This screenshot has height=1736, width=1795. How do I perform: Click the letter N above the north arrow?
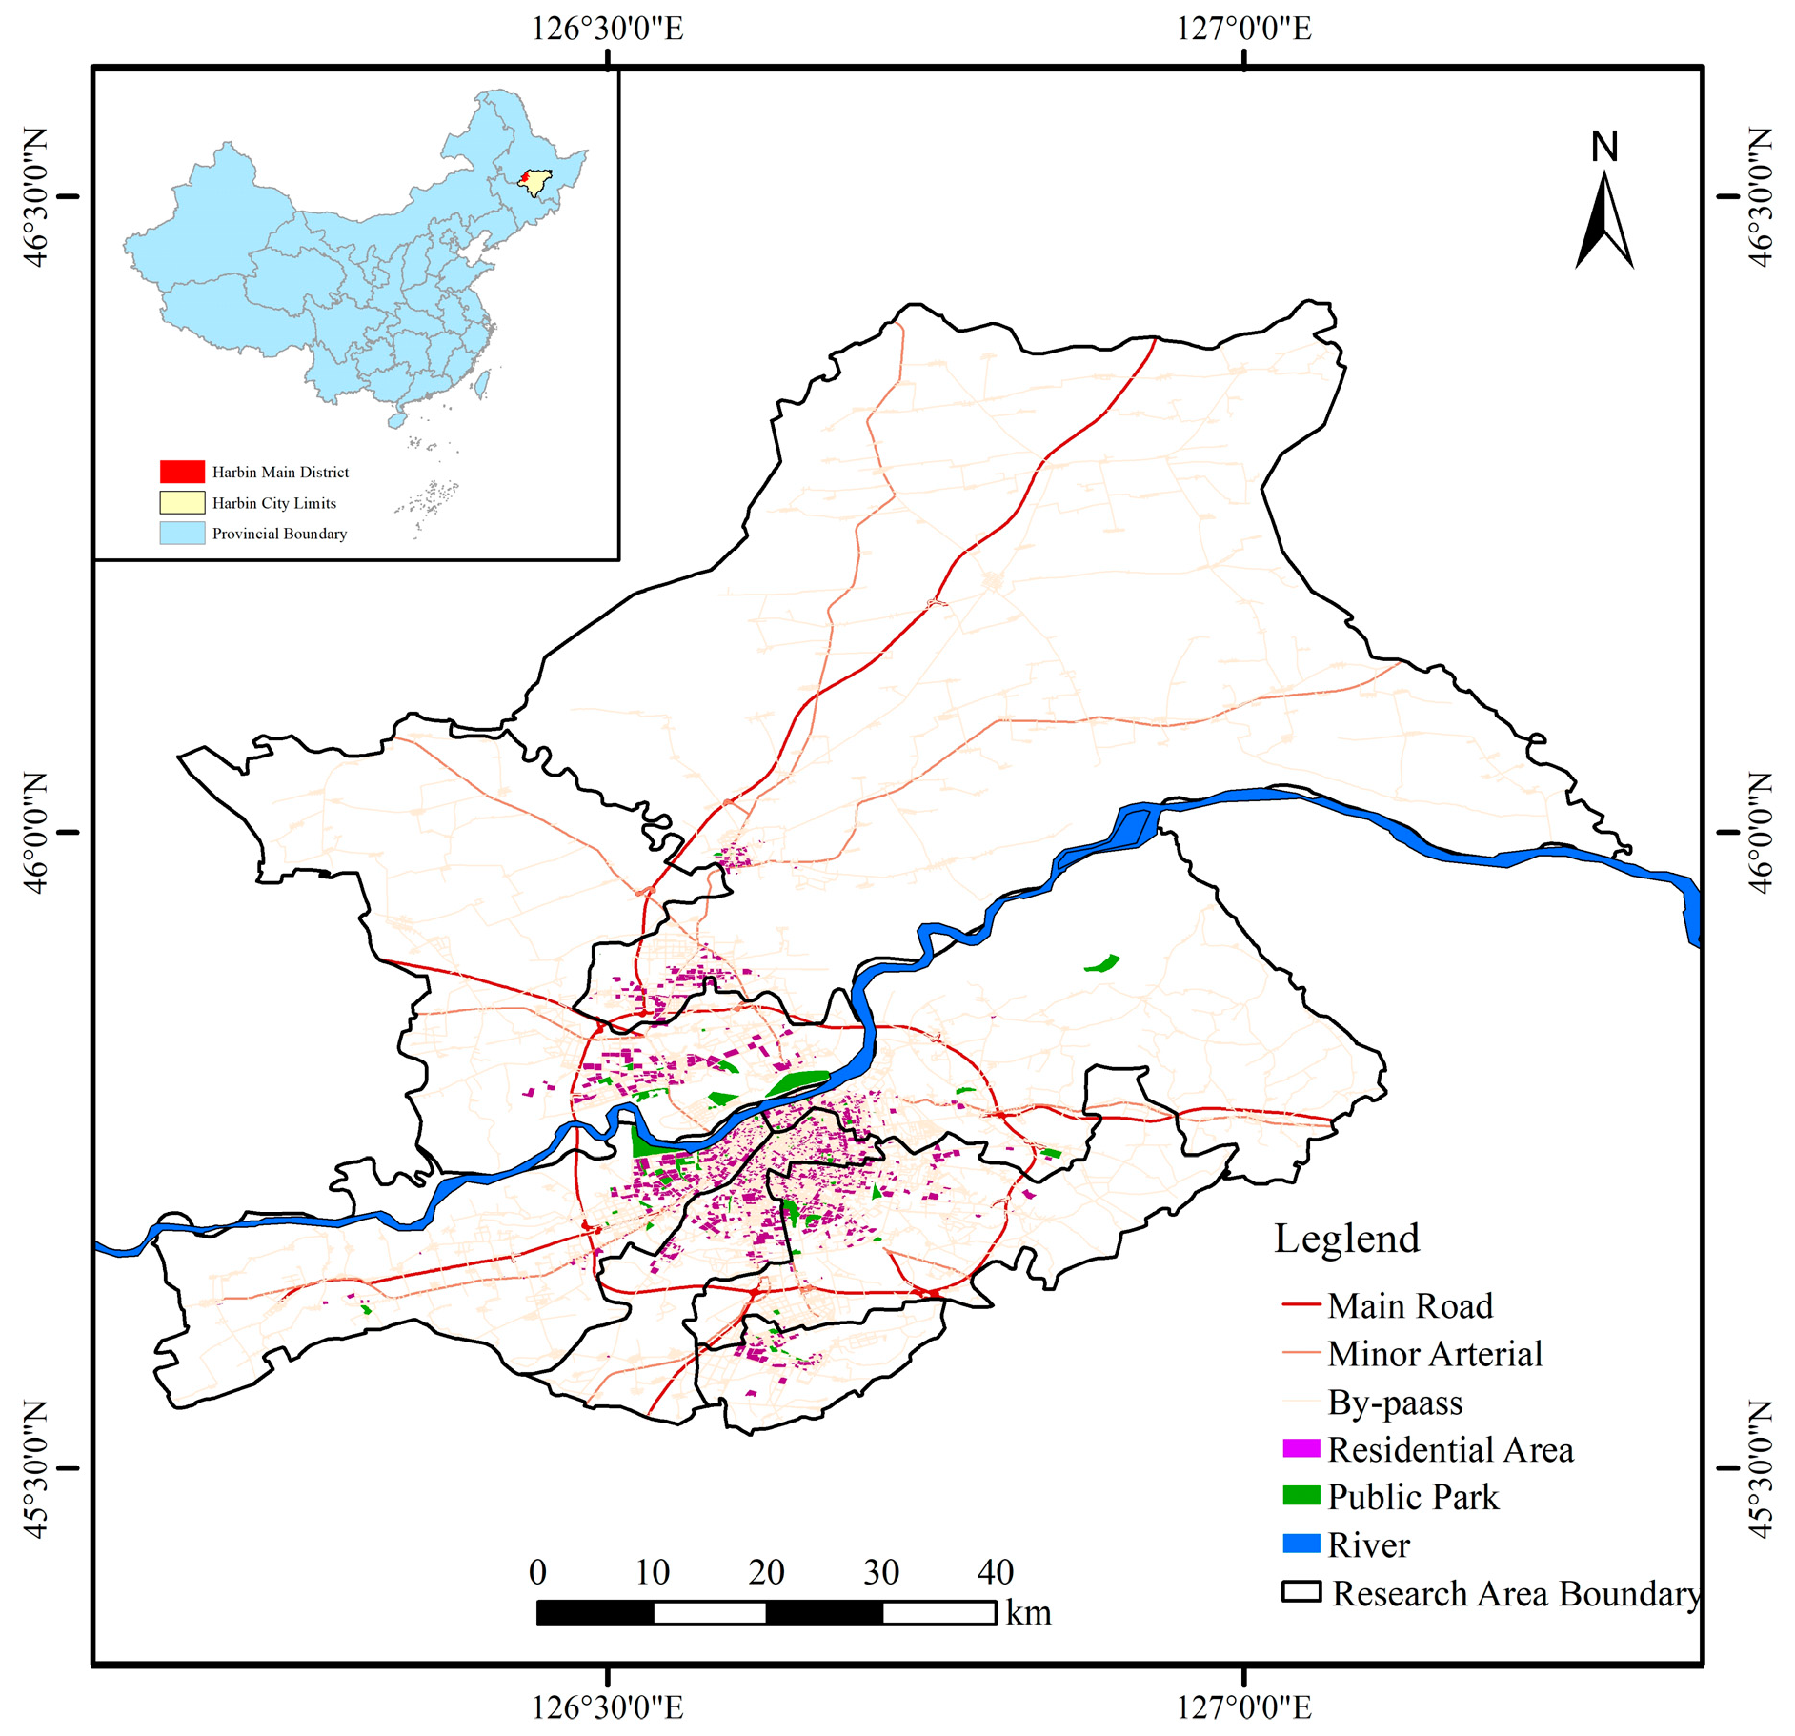(x=1604, y=147)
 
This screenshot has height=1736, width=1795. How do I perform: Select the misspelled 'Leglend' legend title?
(x=1346, y=1239)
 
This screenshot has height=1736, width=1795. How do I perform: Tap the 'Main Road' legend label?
(x=1409, y=1305)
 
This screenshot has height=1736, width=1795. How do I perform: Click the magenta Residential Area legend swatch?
(x=1301, y=1448)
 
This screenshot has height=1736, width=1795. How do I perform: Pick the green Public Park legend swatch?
(x=1301, y=1496)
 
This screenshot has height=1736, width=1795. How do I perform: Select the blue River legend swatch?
(x=1301, y=1544)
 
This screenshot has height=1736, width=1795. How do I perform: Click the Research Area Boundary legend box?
(x=1301, y=1592)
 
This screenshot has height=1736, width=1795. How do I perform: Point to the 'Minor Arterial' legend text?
(x=1434, y=1354)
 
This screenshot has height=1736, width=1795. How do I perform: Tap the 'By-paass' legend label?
(x=1395, y=1403)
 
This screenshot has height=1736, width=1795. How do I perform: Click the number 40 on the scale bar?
(x=995, y=1572)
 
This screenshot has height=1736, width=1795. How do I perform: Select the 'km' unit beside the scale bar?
(x=1028, y=1614)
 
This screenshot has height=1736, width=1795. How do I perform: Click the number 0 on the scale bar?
(x=537, y=1572)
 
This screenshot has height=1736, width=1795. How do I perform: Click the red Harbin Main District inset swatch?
(x=182, y=472)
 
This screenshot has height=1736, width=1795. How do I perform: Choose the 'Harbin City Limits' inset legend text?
(x=273, y=503)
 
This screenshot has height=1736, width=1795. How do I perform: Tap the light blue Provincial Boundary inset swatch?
(x=182, y=533)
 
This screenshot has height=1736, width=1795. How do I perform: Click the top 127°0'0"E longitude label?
(x=1243, y=29)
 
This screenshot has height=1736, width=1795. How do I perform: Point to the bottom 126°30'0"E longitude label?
(x=607, y=1706)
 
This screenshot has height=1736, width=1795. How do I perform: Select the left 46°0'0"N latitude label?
(x=34, y=833)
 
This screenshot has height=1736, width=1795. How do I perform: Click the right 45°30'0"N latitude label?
(x=1761, y=1468)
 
